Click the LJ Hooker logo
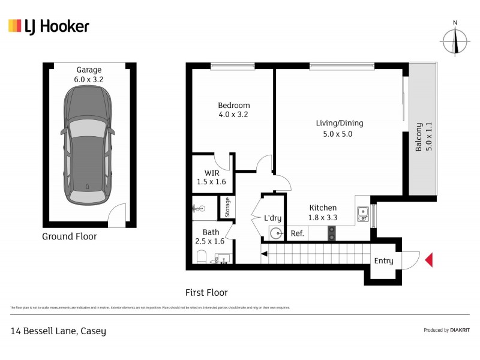click(49, 26)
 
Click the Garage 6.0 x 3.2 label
click(89, 74)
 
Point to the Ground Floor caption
click(69, 236)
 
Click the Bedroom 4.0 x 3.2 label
click(233, 110)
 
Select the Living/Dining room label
click(340, 128)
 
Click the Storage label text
click(227, 208)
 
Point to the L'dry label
click(273, 218)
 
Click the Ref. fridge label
click(296, 233)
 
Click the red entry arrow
click(428, 260)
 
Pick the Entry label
click(383, 260)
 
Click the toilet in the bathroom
click(202, 257)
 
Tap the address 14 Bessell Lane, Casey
click(58, 331)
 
